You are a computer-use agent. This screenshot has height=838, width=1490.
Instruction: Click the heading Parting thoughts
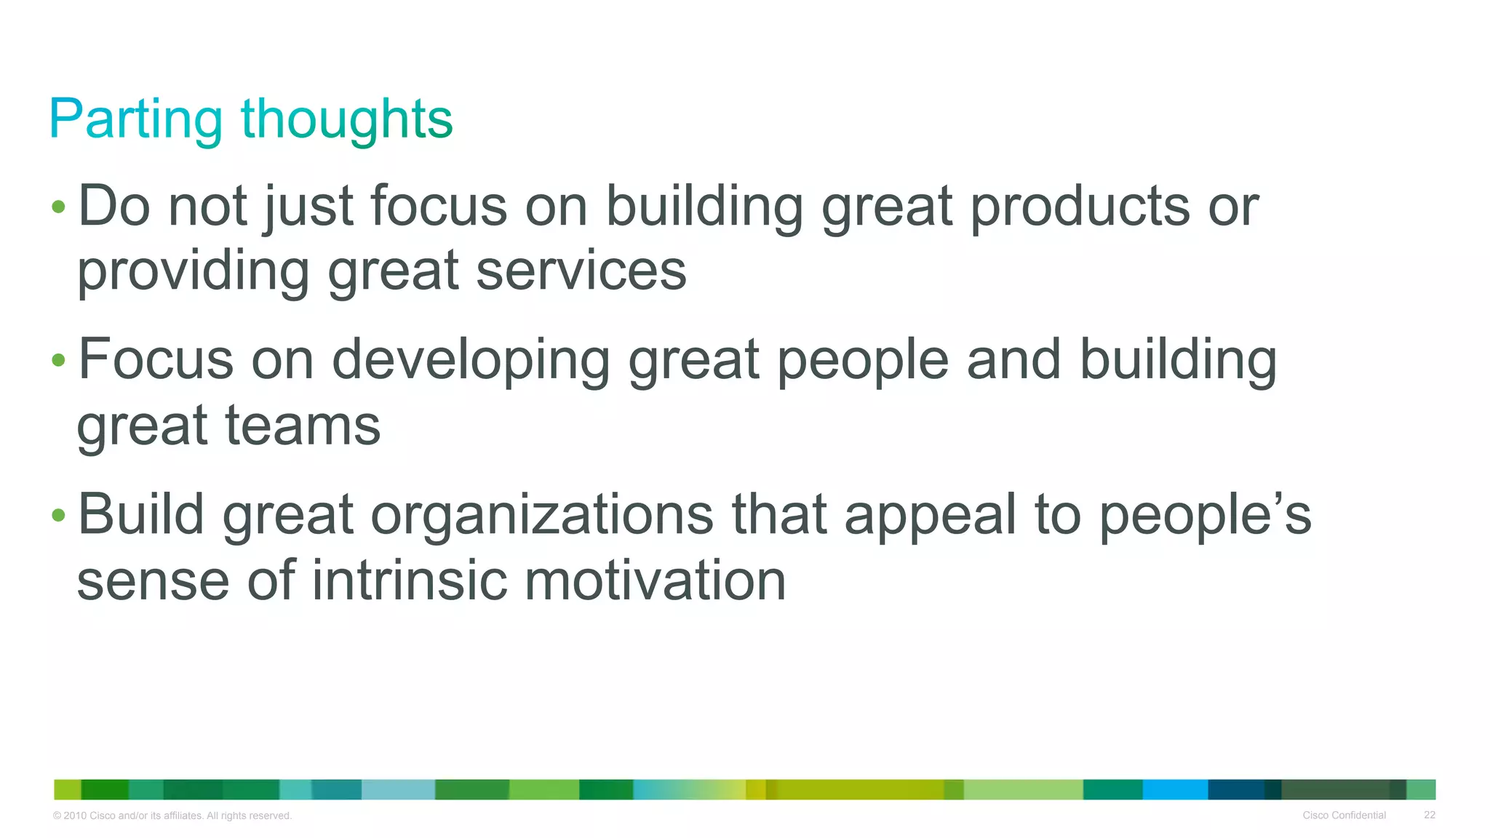251,119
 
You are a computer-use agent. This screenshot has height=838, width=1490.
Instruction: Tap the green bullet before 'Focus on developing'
59,360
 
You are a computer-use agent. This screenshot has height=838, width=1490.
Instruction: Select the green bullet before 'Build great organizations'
59,516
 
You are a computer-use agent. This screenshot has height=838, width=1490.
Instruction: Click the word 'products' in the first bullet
1080,207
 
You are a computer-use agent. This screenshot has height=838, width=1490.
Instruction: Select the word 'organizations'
542,515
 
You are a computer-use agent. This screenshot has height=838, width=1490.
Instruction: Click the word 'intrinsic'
410,580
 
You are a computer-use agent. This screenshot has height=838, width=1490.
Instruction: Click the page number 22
1429,815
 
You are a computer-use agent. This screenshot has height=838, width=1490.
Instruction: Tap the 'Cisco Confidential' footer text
1344,815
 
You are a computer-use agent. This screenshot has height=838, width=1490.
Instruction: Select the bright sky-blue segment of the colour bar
1174,789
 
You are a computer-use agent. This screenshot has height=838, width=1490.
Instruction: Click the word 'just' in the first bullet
308,207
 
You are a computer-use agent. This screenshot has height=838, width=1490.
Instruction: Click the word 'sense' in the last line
153,580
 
